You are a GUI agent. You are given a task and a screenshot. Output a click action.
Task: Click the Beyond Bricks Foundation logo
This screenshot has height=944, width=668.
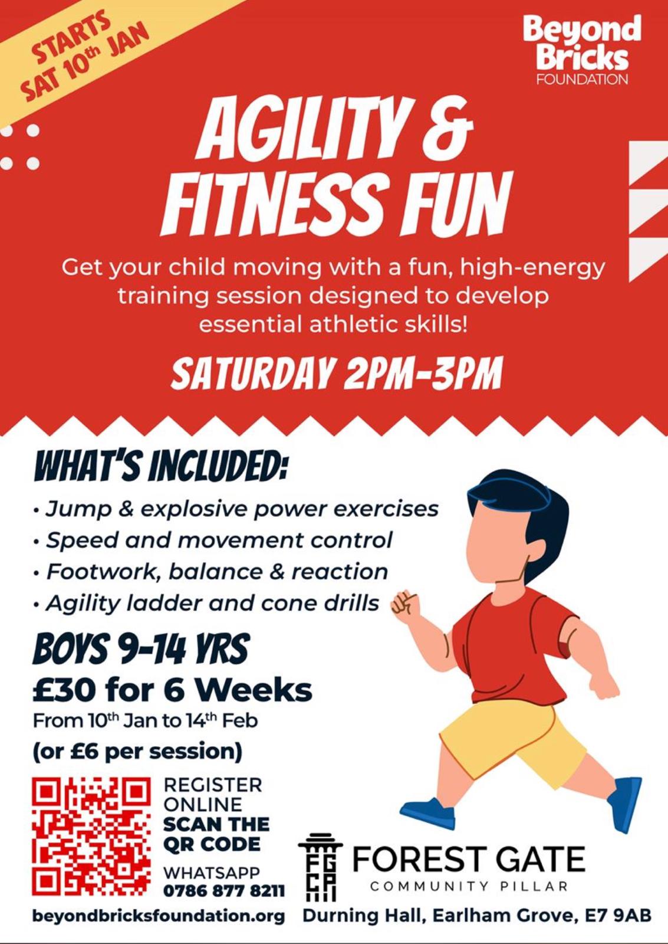pos(582,50)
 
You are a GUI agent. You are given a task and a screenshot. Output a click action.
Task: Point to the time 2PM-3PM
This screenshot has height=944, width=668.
pos(423,372)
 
